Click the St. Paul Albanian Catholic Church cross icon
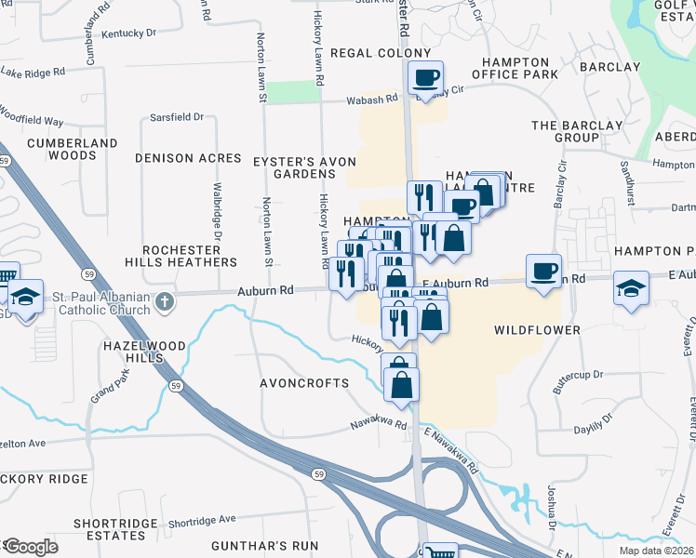tap(164, 301)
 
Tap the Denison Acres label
tap(188, 158)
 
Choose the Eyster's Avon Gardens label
tap(305, 167)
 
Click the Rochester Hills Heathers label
tap(190, 257)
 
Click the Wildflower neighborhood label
tap(537, 330)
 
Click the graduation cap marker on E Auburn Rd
tap(631, 288)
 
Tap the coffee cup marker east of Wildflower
tap(543, 271)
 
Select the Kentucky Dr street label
tap(129, 33)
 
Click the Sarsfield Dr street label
tap(177, 117)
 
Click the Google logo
tap(30, 547)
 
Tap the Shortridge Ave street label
tap(203, 520)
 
